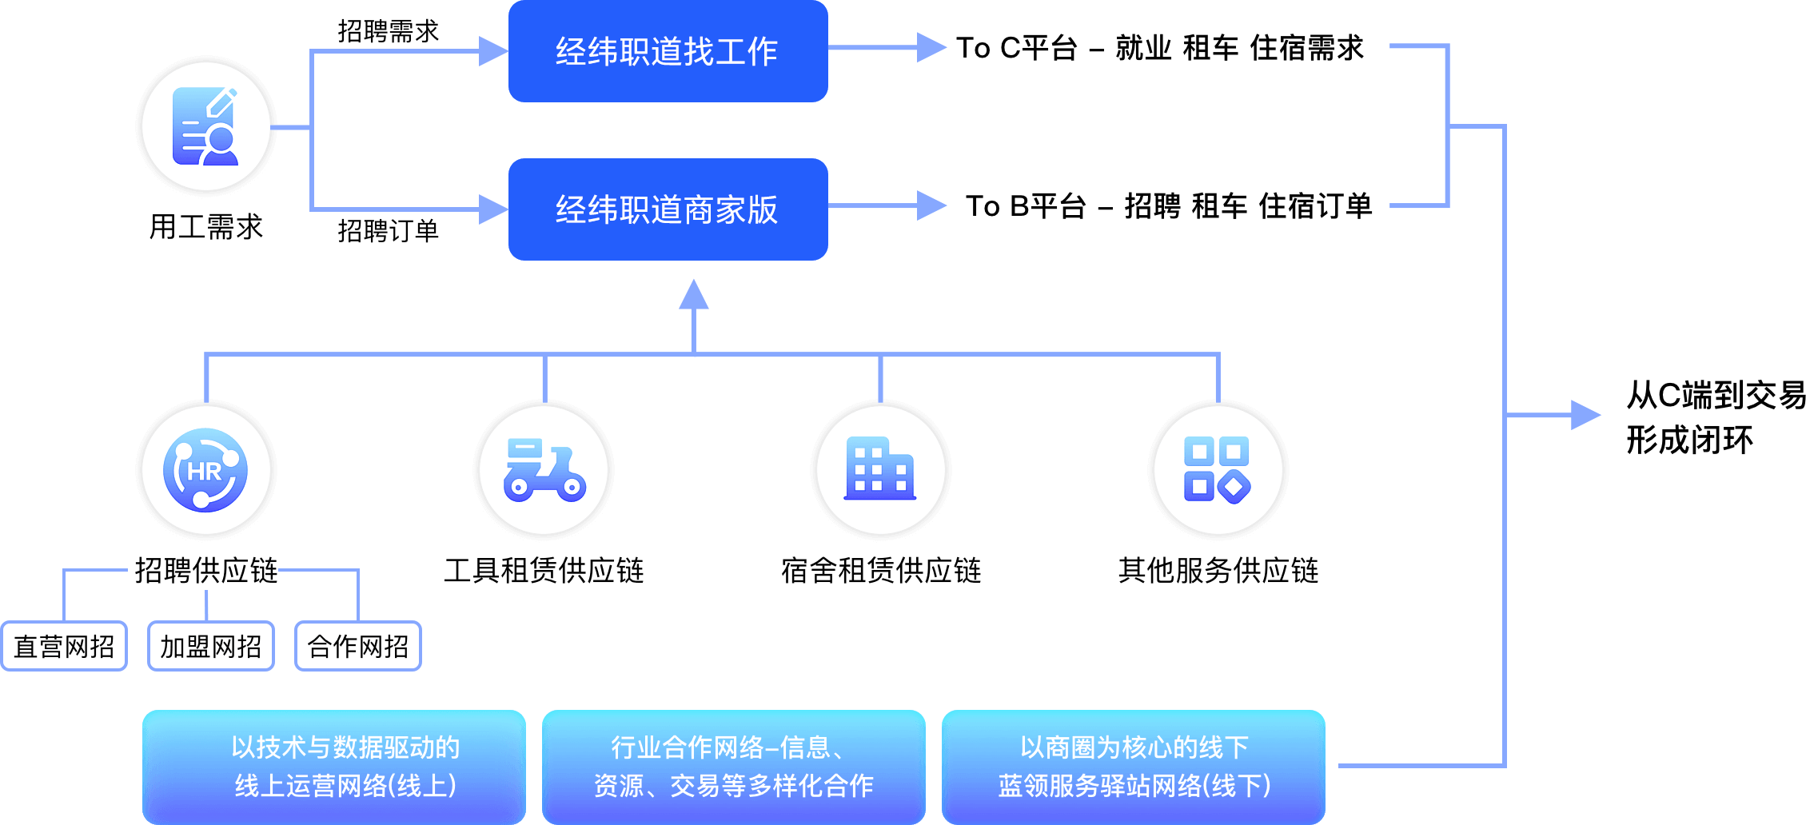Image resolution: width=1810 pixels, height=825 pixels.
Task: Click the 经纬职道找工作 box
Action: pyautogui.click(x=668, y=51)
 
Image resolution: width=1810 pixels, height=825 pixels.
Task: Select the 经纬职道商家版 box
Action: pyautogui.click(x=668, y=209)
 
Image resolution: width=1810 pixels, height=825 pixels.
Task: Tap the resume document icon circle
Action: pyautogui.click(x=206, y=126)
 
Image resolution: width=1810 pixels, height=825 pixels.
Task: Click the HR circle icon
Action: pyautogui.click(x=206, y=470)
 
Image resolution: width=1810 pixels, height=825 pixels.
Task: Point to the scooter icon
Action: pyautogui.click(x=544, y=470)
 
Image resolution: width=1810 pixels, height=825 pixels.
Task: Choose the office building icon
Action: pyautogui.click(x=880, y=470)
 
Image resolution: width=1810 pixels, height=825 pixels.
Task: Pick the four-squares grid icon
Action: pyautogui.click(x=1218, y=470)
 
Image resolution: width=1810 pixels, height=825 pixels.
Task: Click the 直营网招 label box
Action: pyautogui.click(x=64, y=646)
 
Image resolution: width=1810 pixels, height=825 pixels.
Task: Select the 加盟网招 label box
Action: pyautogui.click(x=211, y=646)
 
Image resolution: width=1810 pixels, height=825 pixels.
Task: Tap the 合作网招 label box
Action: pyautogui.click(x=358, y=646)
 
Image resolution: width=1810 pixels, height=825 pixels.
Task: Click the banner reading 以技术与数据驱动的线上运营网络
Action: pyautogui.click(x=334, y=767)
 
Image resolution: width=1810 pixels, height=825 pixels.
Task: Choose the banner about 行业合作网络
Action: pyautogui.click(x=734, y=767)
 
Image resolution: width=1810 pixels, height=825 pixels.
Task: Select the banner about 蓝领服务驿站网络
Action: pyautogui.click(x=1134, y=767)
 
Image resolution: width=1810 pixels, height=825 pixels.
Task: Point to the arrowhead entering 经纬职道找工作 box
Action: pyautogui.click(x=492, y=51)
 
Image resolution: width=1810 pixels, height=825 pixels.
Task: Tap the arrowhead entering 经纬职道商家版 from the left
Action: pyautogui.click(x=492, y=209)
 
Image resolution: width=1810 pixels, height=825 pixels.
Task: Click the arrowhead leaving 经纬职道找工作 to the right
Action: pyautogui.click(x=931, y=47)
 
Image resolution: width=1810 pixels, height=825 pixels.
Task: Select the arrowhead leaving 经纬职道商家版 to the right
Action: pyautogui.click(x=931, y=205)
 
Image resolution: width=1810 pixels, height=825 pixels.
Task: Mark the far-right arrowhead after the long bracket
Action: pyautogui.click(x=1585, y=415)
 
